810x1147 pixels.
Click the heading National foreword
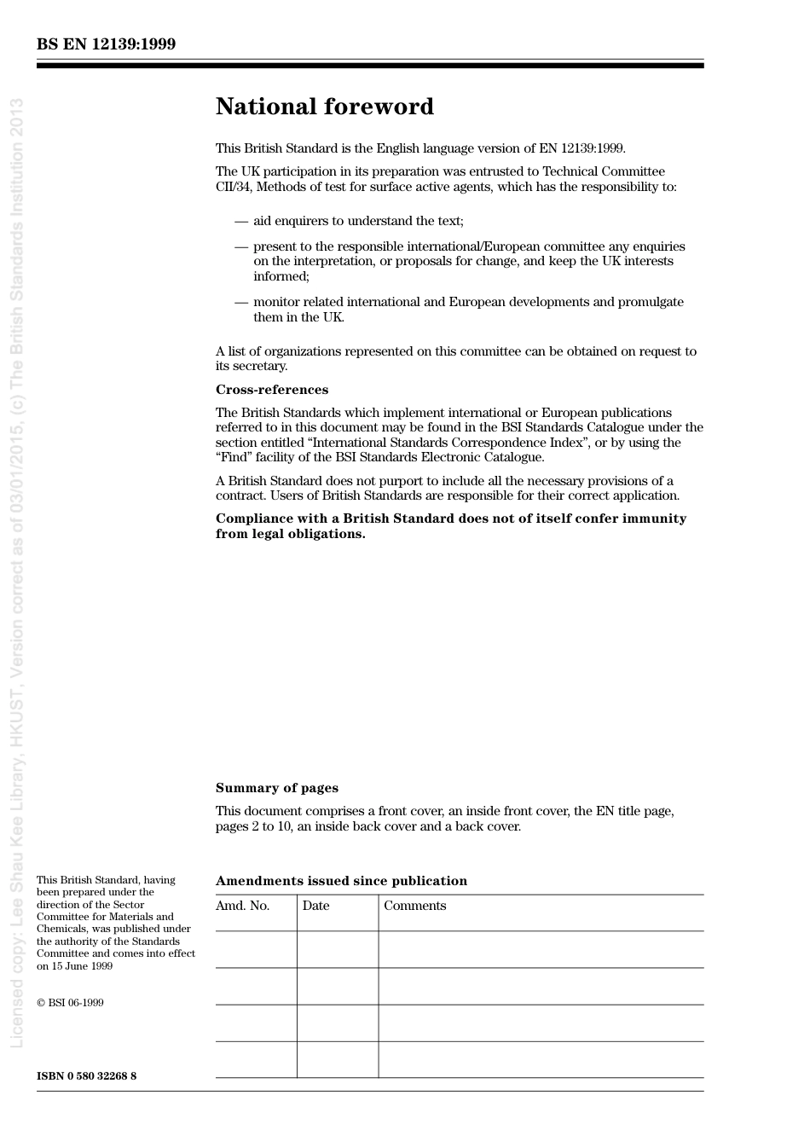pyautogui.click(x=324, y=107)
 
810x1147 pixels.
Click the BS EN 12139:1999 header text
pyautogui.click(x=107, y=44)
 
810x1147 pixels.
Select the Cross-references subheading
pyautogui.click(x=271, y=390)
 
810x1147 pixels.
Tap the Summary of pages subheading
pyautogui.click(x=276, y=788)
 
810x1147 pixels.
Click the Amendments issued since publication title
pyautogui.click(x=341, y=881)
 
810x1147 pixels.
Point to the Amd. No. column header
pyautogui.click(x=242, y=906)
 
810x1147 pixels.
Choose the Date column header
pyautogui.click(x=315, y=906)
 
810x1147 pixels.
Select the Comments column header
pyautogui.click(x=414, y=906)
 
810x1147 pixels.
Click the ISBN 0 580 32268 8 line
pyautogui.click(x=86, y=1076)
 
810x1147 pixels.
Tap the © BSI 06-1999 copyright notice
pyautogui.click(x=70, y=1003)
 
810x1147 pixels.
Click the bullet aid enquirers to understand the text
pyautogui.click(x=358, y=221)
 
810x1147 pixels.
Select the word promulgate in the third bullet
pyautogui.click(x=652, y=302)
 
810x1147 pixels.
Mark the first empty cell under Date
pyautogui.click(x=338, y=949)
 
